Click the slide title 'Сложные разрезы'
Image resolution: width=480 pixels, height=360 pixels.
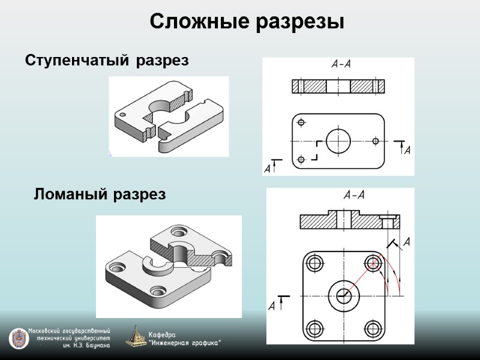247,22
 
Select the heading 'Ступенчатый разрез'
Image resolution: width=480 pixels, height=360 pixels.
107,61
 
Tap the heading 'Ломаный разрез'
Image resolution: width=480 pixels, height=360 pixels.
100,194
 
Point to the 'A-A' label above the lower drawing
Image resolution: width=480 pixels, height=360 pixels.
354,194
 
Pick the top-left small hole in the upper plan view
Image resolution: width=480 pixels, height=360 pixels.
301,122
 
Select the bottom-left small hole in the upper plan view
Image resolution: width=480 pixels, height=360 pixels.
301,160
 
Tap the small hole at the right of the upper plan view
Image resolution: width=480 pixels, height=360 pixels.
376,141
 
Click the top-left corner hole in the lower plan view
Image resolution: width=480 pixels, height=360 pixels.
314,262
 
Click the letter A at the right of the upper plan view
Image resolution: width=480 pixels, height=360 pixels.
407,150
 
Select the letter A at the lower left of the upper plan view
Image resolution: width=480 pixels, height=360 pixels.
267,169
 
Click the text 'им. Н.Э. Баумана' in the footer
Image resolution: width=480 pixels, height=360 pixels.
86,346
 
